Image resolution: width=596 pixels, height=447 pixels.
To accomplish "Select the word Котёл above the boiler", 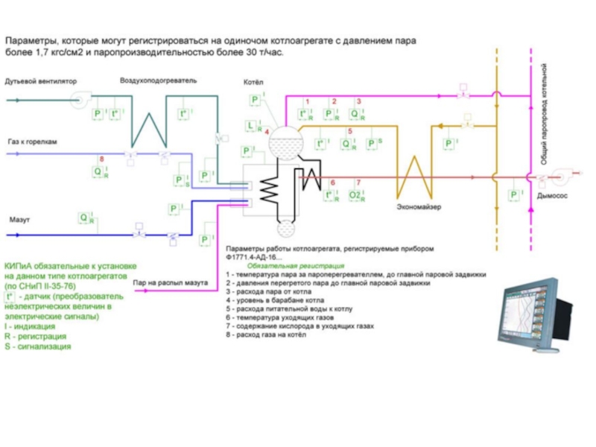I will [253, 82].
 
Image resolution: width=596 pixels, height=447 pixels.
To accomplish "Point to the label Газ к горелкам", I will [32, 141].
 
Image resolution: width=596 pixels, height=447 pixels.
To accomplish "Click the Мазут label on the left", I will [19, 221].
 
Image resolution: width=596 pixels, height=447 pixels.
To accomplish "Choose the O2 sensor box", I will [356, 195].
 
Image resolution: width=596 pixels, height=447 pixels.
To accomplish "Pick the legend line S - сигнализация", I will [37, 346].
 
